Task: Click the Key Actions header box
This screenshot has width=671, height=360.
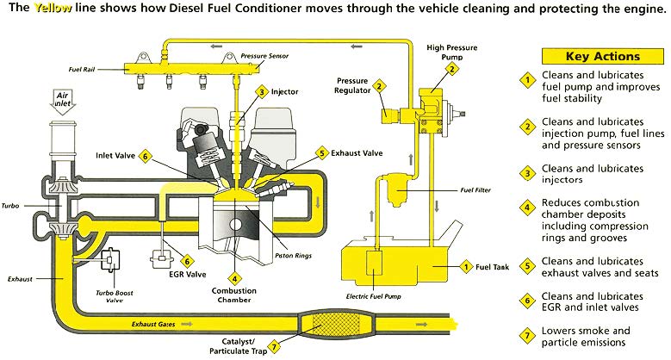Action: pos(590,56)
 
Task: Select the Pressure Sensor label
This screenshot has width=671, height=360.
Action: pos(265,54)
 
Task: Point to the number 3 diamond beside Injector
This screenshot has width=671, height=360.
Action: pos(261,90)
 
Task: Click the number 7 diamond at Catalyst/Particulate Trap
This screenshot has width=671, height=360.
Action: pos(273,348)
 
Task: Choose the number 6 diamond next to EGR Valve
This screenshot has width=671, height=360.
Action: pos(187,259)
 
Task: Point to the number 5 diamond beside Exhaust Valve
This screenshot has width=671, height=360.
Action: pos(321,153)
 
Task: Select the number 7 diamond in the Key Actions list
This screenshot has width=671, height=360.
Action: pos(525,333)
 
